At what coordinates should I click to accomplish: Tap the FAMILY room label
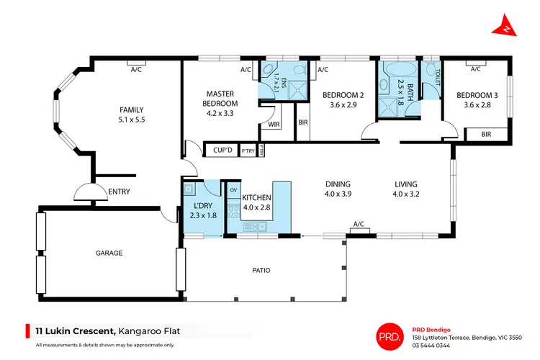(132, 110)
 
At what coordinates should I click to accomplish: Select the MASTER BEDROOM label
(222, 99)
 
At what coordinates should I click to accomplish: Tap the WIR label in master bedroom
(274, 125)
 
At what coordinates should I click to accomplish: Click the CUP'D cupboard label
(221, 150)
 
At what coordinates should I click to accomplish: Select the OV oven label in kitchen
(233, 190)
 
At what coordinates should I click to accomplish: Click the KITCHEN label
(256, 197)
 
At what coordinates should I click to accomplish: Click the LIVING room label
(405, 184)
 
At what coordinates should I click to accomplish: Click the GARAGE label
(109, 253)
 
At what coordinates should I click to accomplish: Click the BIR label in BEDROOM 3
(486, 134)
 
